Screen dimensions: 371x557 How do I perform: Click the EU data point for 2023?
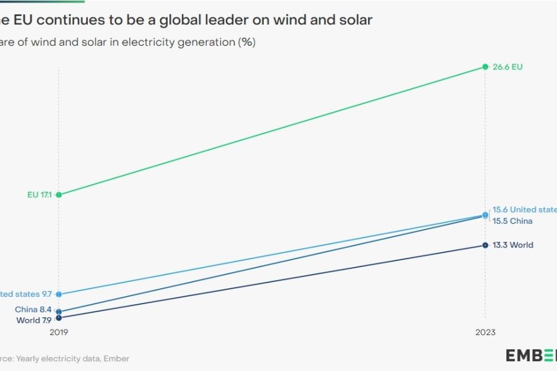pyautogui.click(x=485, y=67)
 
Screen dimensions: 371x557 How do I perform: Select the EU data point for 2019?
pyautogui.click(x=59, y=195)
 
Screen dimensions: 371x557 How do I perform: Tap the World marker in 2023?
pyautogui.click(x=485, y=245)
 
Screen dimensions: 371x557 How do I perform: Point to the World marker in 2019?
pyautogui.click(x=59, y=318)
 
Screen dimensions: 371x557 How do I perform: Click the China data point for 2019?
pyautogui.click(x=59, y=312)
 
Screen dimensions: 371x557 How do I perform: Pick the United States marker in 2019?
pyautogui.click(x=59, y=294)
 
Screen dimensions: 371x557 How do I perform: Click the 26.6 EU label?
pyautogui.click(x=507, y=67)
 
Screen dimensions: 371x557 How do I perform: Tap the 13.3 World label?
pyautogui.click(x=512, y=245)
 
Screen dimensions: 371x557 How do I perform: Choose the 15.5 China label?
pyautogui.click(x=512, y=221)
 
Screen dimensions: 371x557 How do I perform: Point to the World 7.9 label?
pyautogui.click(x=34, y=320)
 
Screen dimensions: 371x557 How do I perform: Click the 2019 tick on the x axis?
pyautogui.click(x=59, y=333)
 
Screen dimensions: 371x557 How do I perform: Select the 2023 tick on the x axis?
pyautogui.click(x=485, y=333)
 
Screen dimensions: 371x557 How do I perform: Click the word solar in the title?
pyautogui.click(x=353, y=20)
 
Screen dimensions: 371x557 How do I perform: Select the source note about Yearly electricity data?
pyautogui.click(x=65, y=358)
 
